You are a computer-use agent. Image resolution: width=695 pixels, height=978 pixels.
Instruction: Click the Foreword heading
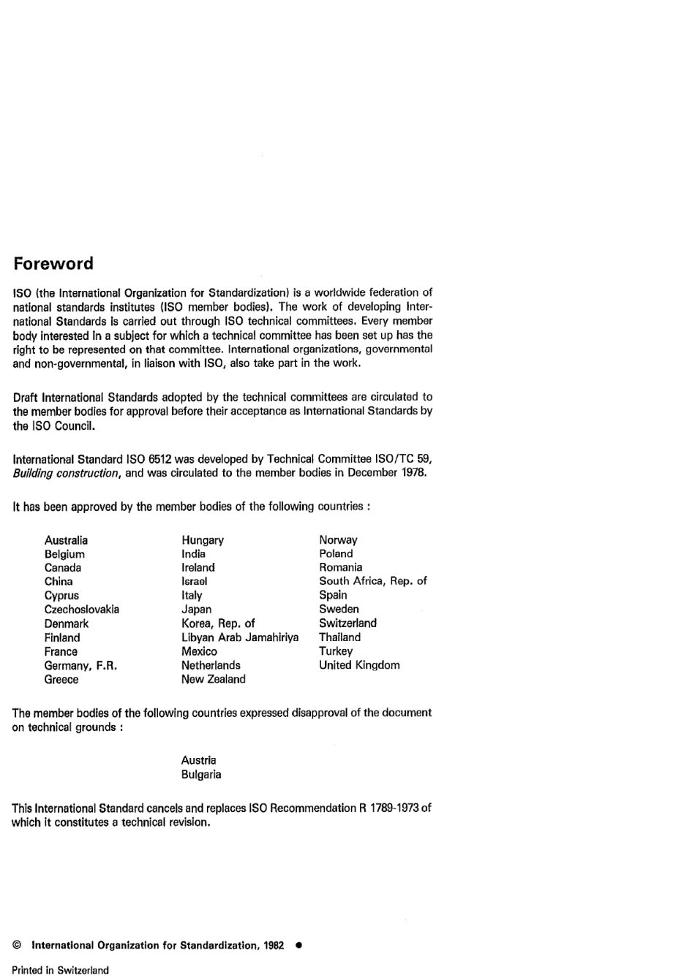[53, 264]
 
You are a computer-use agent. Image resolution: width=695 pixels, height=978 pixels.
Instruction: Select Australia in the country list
[66, 540]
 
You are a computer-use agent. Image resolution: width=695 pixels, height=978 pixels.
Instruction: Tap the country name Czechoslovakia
[81, 610]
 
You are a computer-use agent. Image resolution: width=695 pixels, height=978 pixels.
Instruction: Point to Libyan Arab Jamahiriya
[240, 637]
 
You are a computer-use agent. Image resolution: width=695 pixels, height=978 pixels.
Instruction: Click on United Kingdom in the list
[359, 665]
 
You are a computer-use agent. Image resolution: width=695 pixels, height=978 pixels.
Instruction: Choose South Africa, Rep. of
[372, 581]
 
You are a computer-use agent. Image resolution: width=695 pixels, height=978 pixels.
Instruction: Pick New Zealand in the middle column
[213, 679]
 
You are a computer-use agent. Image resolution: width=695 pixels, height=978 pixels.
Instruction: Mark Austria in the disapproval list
[198, 760]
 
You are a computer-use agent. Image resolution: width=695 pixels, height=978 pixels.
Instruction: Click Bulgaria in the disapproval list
[200, 775]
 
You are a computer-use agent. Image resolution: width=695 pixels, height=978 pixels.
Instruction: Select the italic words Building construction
[66, 473]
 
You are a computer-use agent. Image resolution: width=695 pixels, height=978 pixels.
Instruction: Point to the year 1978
[413, 473]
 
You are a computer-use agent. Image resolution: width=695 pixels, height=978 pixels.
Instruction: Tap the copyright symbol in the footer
[17, 945]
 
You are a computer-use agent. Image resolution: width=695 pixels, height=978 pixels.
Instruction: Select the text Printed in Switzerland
[60, 971]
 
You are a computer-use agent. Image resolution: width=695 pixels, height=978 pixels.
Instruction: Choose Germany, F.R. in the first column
[80, 665]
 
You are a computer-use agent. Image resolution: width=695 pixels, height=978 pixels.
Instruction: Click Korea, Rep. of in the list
[218, 623]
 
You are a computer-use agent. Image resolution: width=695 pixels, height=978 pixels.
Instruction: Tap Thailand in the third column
[339, 637]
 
